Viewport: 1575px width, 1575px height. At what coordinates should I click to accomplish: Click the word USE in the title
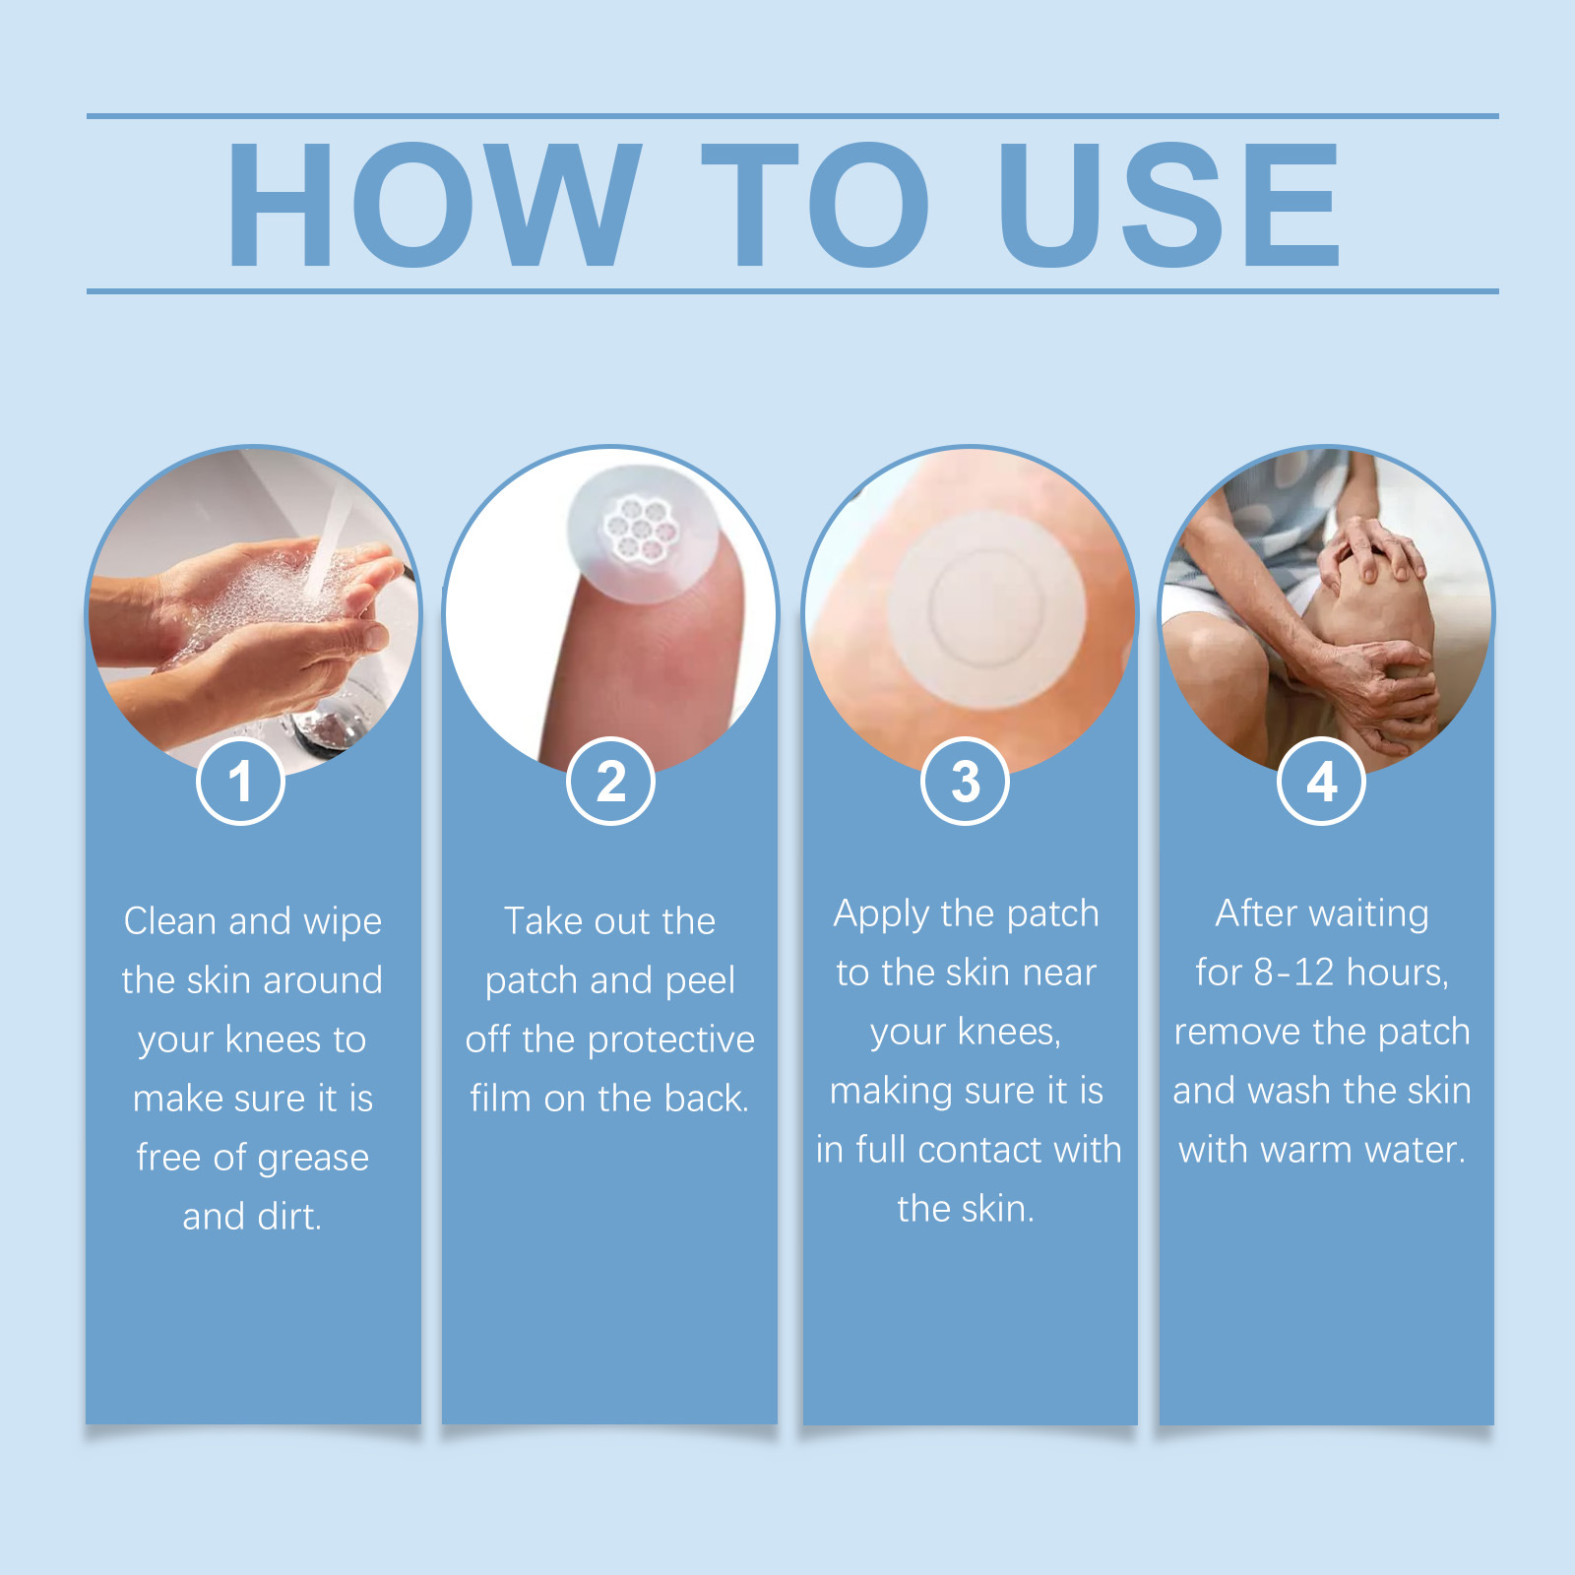[x=1169, y=205]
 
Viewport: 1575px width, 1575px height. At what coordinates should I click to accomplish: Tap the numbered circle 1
[x=240, y=782]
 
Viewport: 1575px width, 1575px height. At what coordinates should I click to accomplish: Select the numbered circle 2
[x=611, y=782]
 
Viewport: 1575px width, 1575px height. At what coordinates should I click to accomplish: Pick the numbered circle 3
[x=966, y=782]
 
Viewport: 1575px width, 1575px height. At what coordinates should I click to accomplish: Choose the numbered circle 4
[x=1322, y=782]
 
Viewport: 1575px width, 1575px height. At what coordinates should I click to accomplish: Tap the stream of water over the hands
[x=328, y=541]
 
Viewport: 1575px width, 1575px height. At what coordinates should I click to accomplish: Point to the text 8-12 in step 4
[x=1293, y=973]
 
